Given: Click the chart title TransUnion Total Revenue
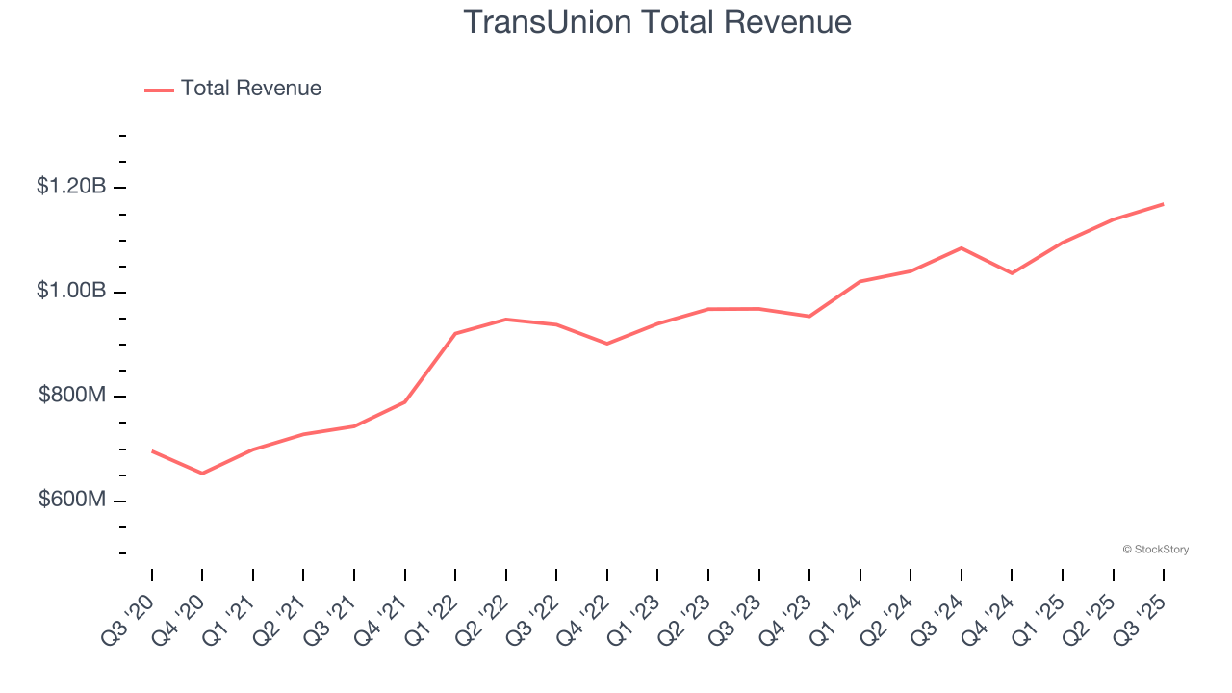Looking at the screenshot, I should (x=657, y=22).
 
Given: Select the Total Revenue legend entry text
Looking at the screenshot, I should (x=250, y=89).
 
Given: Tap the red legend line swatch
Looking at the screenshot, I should (x=159, y=90).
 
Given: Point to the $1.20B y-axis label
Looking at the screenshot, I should (x=71, y=186).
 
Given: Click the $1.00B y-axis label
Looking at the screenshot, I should (x=71, y=291).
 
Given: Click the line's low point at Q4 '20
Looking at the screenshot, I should (x=202, y=474).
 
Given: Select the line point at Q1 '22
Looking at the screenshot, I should (x=455, y=333).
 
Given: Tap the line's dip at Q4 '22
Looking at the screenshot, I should (x=607, y=344).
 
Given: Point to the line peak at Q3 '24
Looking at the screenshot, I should (x=962, y=248).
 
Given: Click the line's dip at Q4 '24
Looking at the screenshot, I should (x=1012, y=273).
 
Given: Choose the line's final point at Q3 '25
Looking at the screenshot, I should (x=1164, y=204).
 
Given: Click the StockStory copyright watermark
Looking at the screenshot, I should (x=1156, y=550).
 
